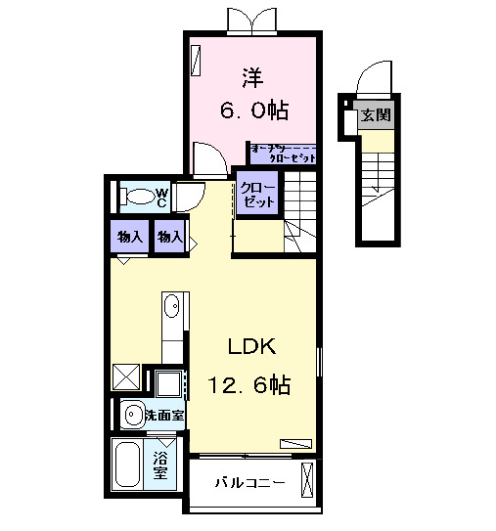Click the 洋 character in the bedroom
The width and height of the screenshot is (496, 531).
pos(252,75)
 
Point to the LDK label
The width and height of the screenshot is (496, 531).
pos(253,347)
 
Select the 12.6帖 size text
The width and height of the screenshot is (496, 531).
pos(248,385)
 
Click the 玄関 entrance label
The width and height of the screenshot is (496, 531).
pos(376,114)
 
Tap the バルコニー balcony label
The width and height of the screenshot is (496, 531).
pos(250,483)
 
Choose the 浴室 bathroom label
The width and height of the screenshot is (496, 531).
pos(159,465)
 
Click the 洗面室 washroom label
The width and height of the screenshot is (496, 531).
pos(164,415)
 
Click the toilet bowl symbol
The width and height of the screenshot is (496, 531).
pos(140,197)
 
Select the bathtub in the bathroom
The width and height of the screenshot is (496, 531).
pos(128,465)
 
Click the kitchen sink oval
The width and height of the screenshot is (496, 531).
pos(172,307)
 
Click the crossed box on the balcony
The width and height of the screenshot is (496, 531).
pos(308,481)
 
